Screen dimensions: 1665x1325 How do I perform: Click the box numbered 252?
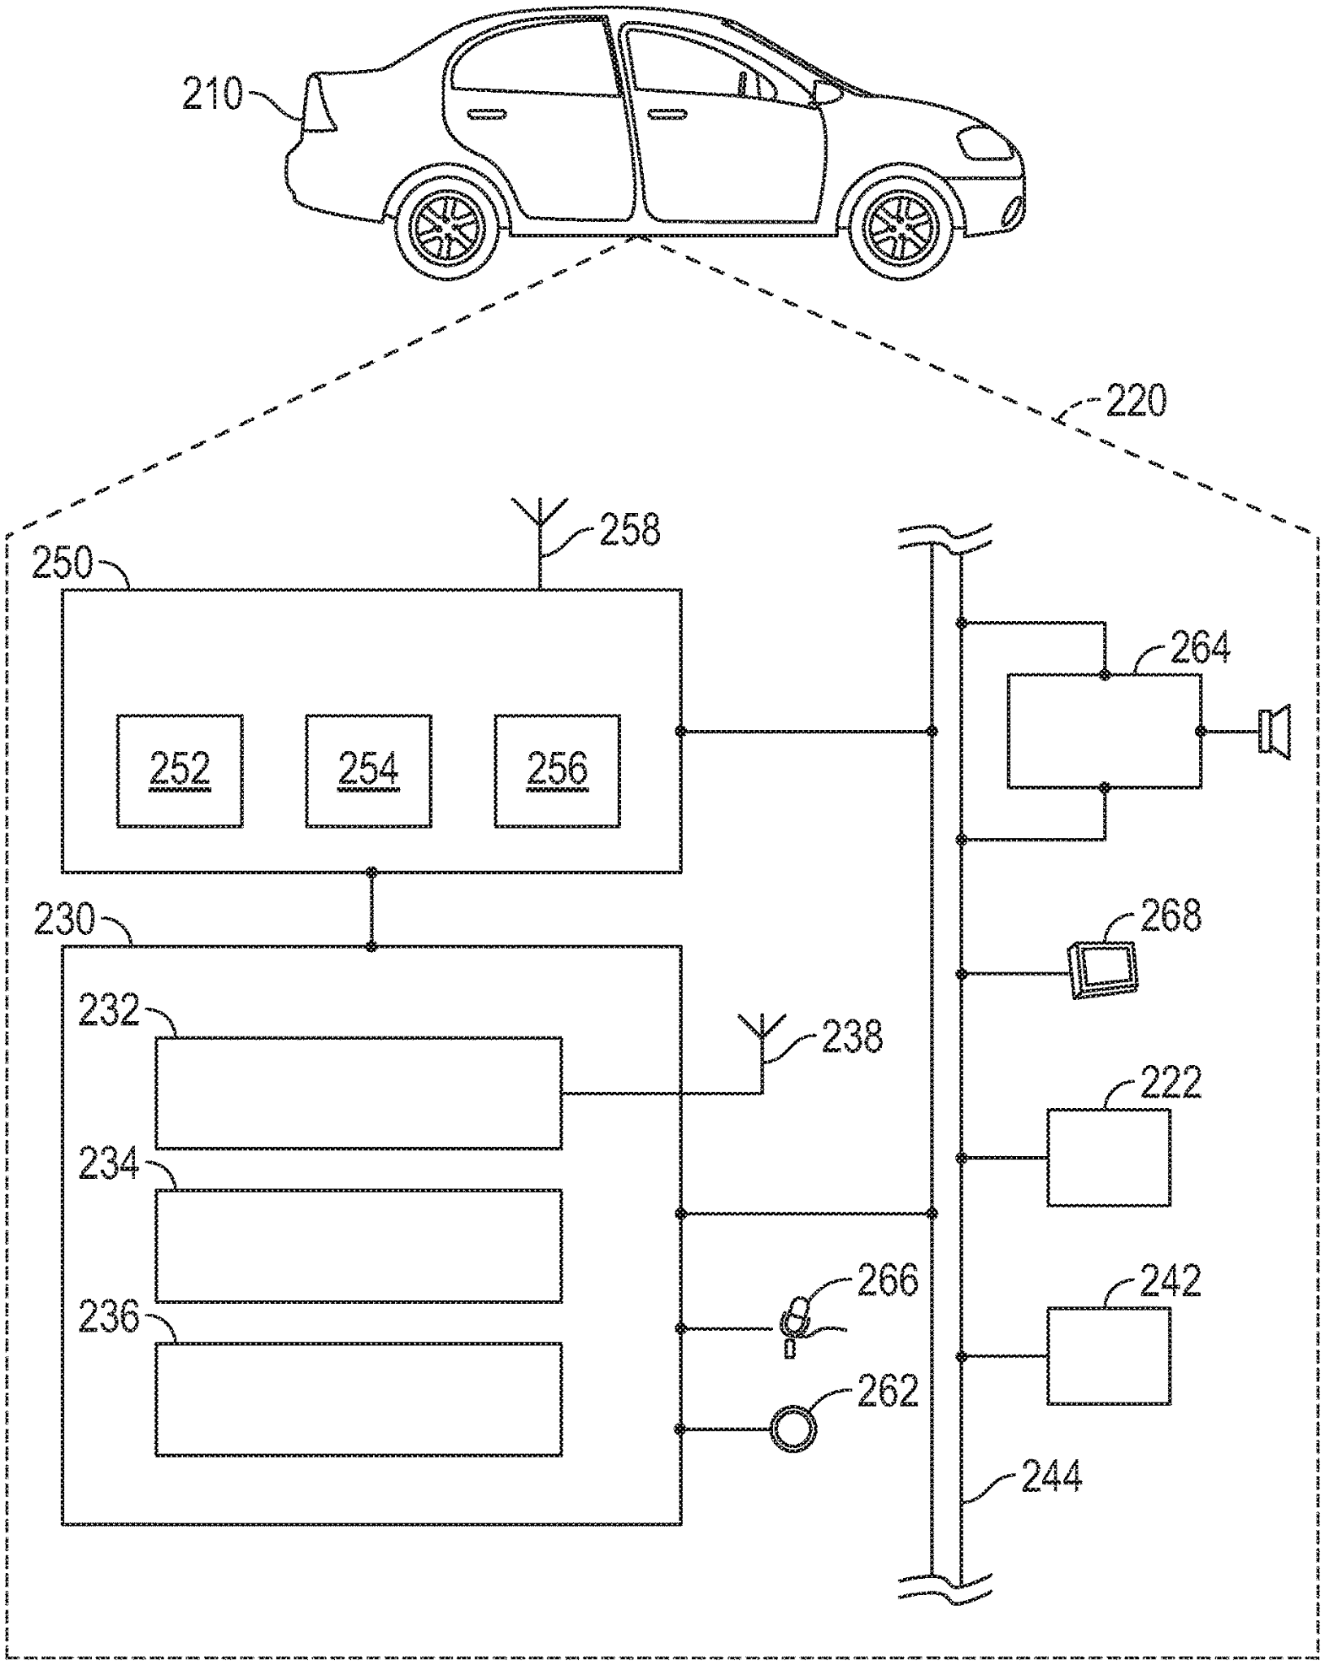(x=180, y=771)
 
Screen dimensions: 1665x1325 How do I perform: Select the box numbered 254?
(x=368, y=771)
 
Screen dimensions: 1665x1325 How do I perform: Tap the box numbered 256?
(x=557, y=771)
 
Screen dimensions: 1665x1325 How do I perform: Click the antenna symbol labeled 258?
(x=540, y=528)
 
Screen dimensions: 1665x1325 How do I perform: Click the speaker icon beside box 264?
(x=1273, y=733)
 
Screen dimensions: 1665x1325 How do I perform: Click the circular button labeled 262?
(x=793, y=1429)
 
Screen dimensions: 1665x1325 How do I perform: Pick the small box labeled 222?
(x=1108, y=1158)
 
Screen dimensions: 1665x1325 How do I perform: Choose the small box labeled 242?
(x=1108, y=1356)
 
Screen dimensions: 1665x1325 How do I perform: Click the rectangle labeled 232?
(x=358, y=1093)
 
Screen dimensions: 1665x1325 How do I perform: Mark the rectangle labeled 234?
(x=358, y=1245)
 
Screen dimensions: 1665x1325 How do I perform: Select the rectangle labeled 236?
(x=358, y=1399)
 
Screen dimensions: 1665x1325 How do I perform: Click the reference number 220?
(x=1136, y=401)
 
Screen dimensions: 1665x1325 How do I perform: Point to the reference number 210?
(x=212, y=94)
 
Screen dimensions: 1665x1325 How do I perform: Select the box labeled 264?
(x=1104, y=731)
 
